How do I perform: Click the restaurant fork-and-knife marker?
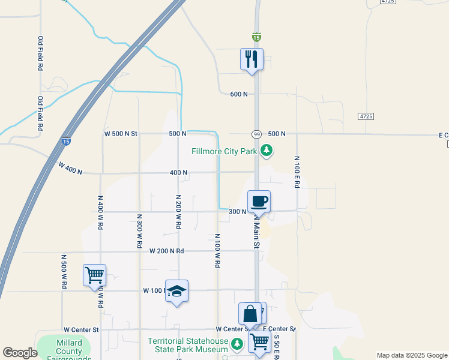[x=252, y=59]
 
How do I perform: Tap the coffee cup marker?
[x=259, y=201]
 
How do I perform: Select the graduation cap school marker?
[x=176, y=291]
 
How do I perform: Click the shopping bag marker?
[x=250, y=314]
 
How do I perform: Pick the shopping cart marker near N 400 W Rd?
[x=95, y=275]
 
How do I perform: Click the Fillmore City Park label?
[x=224, y=151]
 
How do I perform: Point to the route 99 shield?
[x=256, y=134]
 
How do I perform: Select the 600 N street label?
[x=239, y=94]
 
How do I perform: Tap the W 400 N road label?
[x=70, y=168]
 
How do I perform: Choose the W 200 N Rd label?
[x=166, y=251]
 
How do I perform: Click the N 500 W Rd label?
[x=63, y=271]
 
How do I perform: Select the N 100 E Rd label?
[x=297, y=173]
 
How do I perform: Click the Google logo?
[x=20, y=353]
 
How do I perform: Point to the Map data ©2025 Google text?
[x=411, y=355]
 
